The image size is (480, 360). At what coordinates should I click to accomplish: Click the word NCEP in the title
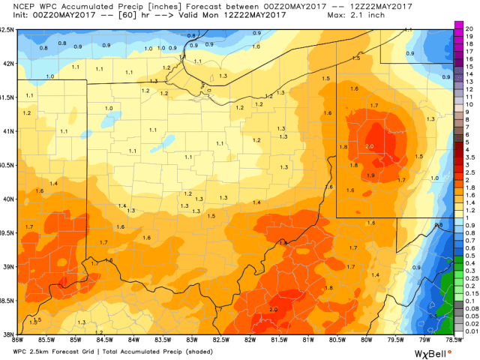click(x=13, y=7)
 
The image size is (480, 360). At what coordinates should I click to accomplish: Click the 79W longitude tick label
click(x=424, y=339)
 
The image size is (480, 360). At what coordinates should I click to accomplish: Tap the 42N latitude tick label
click(x=7, y=63)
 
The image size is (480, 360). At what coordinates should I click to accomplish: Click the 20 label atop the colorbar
click(x=470, y=25)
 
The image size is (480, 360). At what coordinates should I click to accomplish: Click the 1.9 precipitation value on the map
click(x=370, y=175)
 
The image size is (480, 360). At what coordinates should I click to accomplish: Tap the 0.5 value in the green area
click(x=433, y=316)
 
